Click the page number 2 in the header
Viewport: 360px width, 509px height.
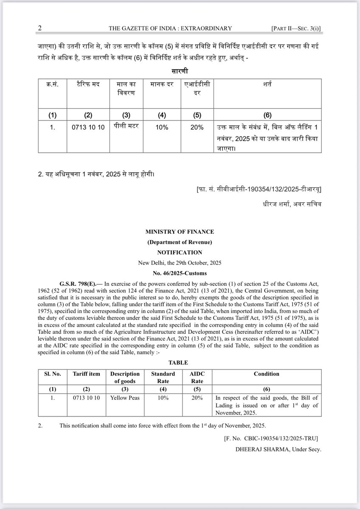pos(39,28)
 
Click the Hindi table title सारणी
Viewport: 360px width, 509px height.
pos(180,70)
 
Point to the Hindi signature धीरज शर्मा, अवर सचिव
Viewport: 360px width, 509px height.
pos(292,204)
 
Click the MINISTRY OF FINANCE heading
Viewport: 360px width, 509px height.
pos(180,232)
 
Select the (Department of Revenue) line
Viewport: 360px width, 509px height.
pos(180,242)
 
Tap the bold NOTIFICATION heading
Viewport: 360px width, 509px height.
pos(180,252)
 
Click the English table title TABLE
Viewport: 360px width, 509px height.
pos(180,363)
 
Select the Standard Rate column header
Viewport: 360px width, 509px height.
pos(163,378)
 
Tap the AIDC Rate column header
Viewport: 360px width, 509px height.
pos(197,378)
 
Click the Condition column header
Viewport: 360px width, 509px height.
pos(266,374)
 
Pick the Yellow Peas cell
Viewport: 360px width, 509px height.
pos(124,398)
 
